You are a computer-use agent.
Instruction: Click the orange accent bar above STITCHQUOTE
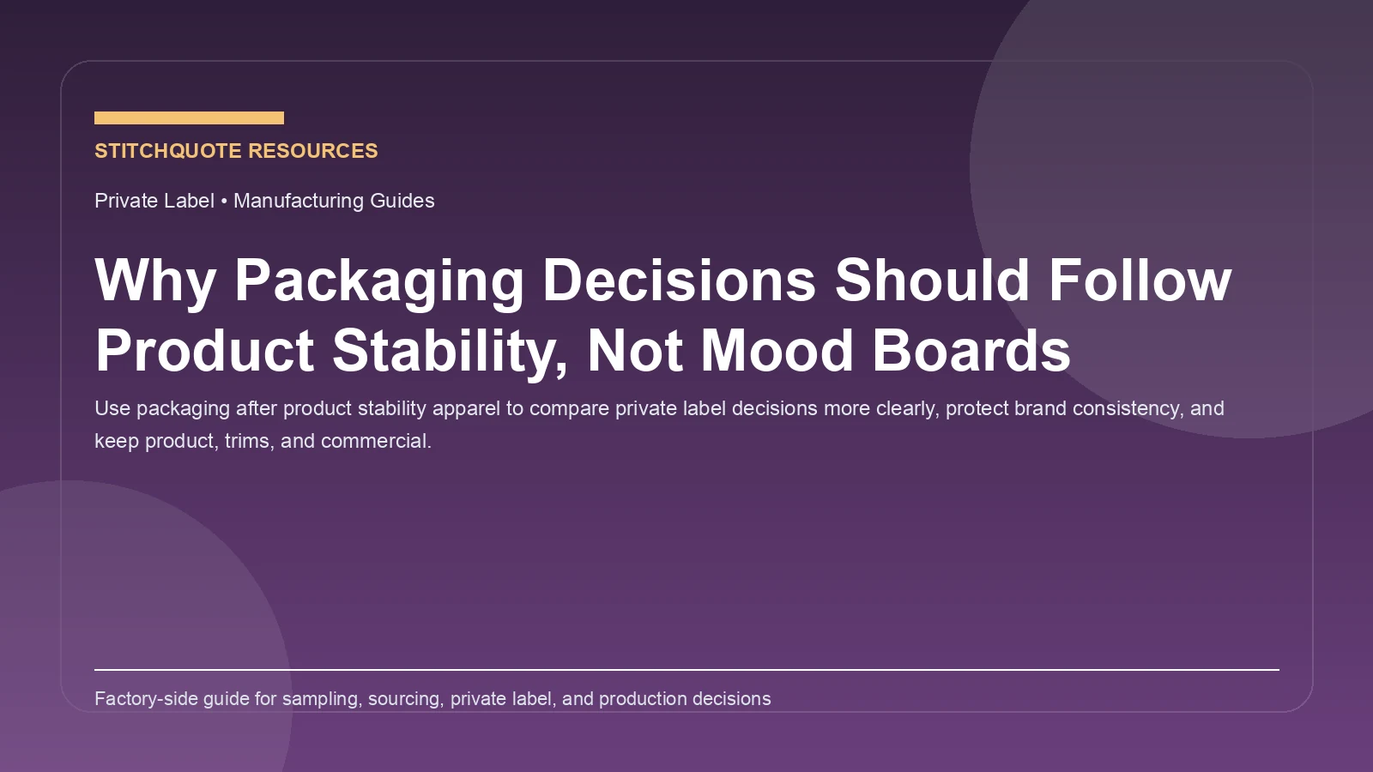(x=189, y=118)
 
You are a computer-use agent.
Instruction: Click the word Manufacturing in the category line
(x=299, y=201)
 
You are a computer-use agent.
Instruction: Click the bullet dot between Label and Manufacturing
(x=224, y=202)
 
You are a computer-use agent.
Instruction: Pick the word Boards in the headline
(x=971, y=351)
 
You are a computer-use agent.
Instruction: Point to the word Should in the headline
(x=932, y=280)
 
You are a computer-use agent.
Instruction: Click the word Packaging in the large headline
(x=378, y=280)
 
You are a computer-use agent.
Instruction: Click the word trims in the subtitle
(x=246, y=441)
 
